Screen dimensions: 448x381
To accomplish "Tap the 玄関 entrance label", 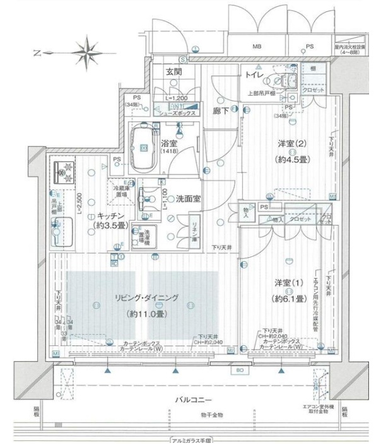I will pos(175,72).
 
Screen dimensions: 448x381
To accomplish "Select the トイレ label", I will pos(255,76).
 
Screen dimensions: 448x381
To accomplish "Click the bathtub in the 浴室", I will pos(144,147).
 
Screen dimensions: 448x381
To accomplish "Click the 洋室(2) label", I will pos(291,144).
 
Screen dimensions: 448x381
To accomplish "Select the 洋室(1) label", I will pos(291,283).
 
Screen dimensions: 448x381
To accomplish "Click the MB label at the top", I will pos(257,47).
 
